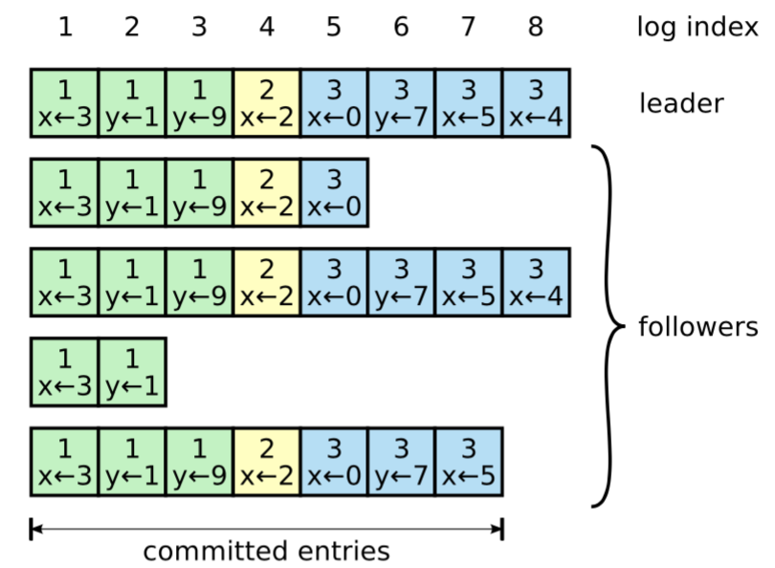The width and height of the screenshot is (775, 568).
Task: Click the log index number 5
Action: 334,27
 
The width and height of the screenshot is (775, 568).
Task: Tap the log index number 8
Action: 536,27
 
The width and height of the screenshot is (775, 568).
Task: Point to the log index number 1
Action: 65,27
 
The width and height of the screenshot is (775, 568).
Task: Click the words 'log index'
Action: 697,27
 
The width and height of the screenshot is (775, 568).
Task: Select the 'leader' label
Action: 681,103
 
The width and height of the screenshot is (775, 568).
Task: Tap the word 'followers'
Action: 697,327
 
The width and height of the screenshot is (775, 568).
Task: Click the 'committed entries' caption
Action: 266,551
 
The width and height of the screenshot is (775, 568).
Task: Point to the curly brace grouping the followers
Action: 609,326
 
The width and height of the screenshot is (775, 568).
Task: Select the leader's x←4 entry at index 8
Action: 536,103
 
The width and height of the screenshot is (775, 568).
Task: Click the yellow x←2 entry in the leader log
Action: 267,103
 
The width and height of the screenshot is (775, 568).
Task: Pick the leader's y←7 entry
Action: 401,103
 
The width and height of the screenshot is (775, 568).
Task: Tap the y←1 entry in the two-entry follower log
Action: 132,372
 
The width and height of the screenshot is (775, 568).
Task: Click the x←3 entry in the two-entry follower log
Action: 65,372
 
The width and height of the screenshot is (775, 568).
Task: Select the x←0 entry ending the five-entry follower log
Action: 334,192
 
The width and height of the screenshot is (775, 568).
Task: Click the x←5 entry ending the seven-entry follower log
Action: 469,462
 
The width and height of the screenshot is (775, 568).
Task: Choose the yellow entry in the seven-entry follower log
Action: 267,462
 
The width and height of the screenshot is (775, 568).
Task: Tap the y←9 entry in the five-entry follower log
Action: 199,192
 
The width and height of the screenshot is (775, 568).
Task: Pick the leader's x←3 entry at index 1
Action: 65,103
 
